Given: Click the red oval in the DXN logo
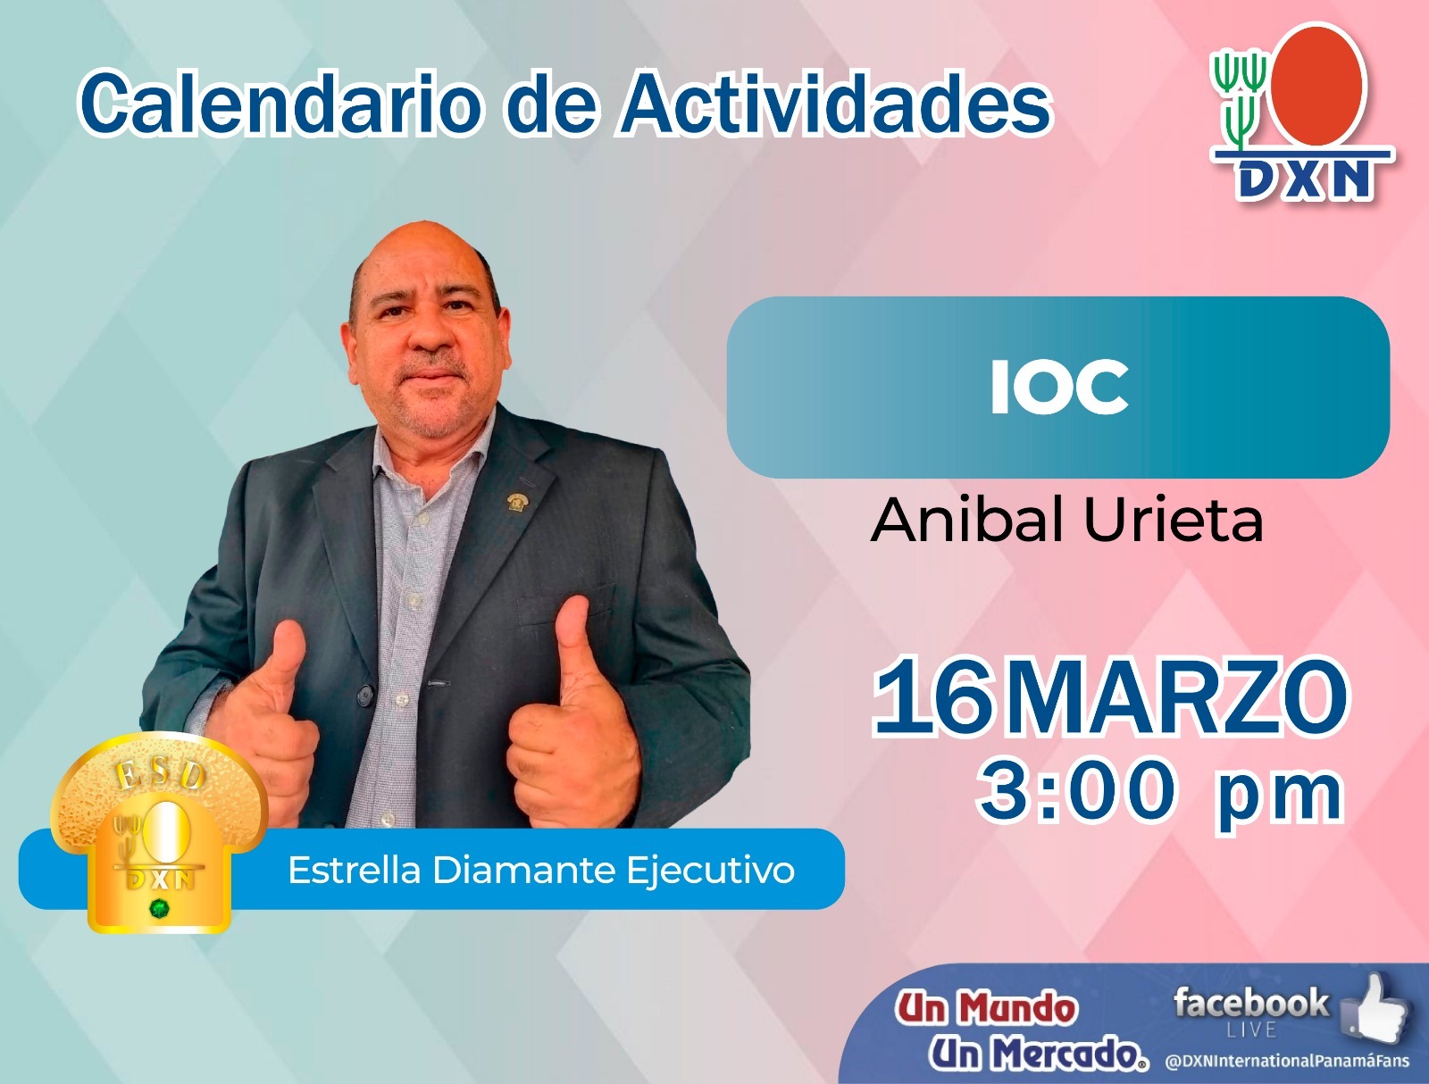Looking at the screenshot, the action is coord(1316,84).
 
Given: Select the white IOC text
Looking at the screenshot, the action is coord(1059,388).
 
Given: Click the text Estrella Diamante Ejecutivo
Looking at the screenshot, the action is coord(541,870).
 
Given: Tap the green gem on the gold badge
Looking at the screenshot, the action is coord(158,908).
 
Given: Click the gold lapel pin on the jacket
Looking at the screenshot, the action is coord(517,501).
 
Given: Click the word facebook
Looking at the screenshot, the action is coord(1250,1003).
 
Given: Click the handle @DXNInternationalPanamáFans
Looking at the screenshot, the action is coord(1287,1061).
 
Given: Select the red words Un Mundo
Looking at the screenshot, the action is coord(986,1007).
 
